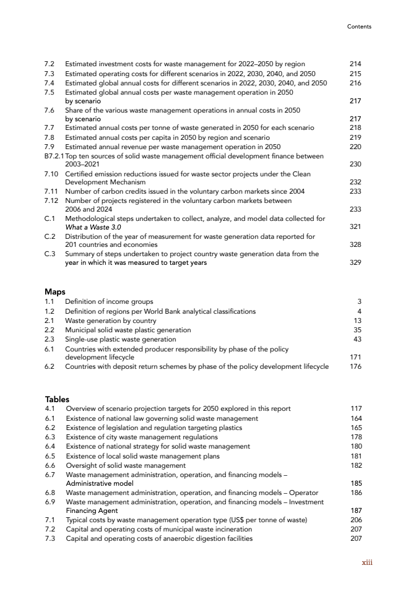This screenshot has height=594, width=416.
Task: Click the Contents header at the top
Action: pos(359,27)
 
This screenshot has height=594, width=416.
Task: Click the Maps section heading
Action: pos(55,291)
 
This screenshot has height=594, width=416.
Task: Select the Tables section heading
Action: pos(57,399)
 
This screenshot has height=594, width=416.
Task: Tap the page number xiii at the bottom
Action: pos(367,562)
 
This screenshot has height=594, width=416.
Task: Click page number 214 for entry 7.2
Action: pos(355,64)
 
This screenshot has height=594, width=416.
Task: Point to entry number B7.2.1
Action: pos(54,156)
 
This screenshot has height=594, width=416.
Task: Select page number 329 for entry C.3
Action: pos(355,263)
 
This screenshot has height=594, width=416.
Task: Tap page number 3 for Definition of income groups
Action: pos(359,302)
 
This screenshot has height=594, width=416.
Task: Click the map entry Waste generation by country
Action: pos(111,321)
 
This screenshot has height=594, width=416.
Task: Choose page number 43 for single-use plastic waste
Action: pos(357,339)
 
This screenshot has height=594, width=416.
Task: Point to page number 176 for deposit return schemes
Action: pos(355,366)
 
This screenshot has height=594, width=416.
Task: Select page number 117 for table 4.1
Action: pos(355,408)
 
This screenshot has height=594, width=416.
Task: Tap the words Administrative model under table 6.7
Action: pos(99,483)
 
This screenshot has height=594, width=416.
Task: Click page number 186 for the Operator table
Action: pos(355,493)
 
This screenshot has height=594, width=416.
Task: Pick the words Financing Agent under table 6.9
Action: pos(92,511)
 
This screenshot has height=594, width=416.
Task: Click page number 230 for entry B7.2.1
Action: pos(355,165)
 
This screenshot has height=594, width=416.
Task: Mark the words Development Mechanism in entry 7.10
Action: pos(105,183)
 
